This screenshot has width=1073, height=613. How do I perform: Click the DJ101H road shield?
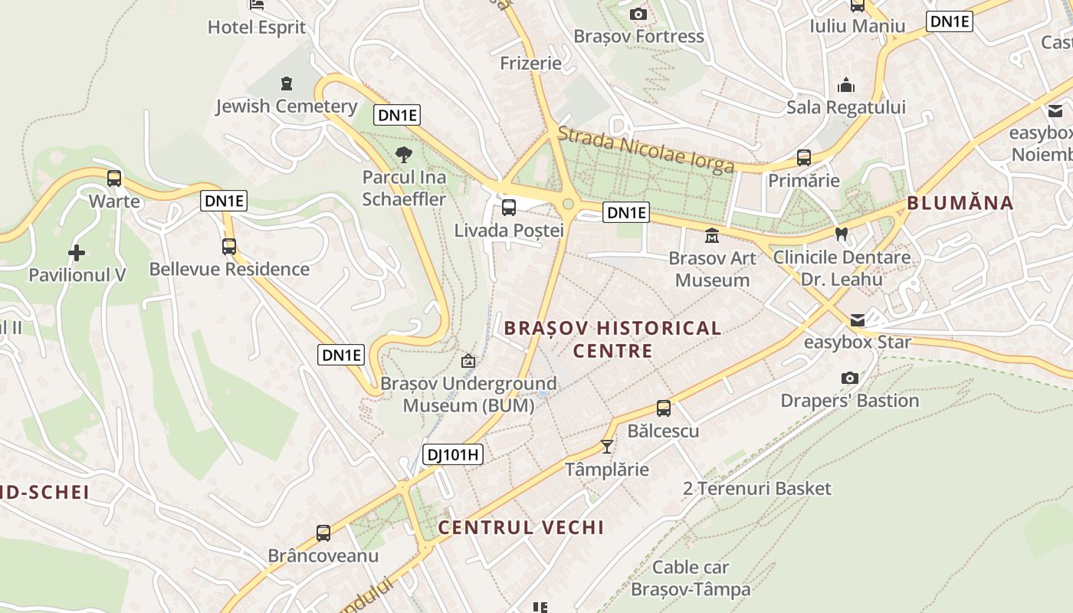(453, 454)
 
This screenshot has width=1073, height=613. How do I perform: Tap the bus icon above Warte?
(114, 179)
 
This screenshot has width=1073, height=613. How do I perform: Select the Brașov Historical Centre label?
(612, 339)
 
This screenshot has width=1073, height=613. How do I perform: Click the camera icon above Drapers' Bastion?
(849, 378)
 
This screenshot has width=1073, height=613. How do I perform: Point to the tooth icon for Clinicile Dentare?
(842, 234)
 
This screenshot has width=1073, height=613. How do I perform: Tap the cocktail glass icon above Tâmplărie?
(607, 446)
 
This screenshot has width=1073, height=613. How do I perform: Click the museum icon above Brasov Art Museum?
(712, 235)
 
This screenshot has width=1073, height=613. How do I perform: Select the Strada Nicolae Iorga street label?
(645, 149)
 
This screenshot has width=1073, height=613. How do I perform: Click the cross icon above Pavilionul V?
(77, 252)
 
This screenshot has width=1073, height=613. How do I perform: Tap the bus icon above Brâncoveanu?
(323, 533)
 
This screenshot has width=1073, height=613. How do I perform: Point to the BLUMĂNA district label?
(960, 203)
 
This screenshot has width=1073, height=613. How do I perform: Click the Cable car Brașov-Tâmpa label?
(691, 579)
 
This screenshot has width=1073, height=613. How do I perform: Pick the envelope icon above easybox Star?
(858, 320)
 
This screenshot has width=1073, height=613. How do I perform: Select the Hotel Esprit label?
(257, 28)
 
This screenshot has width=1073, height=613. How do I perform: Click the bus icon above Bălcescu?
(664, 408)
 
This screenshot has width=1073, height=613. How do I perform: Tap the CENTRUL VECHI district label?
(521, 527)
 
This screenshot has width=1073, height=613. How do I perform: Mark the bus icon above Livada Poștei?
(508, 208)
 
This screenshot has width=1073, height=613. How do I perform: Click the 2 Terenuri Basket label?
(757, 488)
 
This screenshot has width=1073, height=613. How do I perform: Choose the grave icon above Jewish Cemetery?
(287, 83)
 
